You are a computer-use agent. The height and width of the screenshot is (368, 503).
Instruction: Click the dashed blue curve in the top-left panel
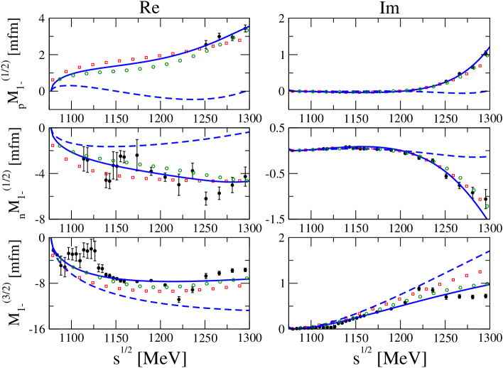point(142,94)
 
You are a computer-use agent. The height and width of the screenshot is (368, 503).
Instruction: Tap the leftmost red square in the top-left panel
point(53,80)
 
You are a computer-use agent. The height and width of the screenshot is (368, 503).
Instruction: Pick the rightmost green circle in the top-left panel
point(247,31)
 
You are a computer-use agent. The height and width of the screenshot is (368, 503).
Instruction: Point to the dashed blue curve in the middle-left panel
point(142,146)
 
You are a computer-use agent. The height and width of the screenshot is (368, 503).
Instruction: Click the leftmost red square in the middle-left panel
point(53,146)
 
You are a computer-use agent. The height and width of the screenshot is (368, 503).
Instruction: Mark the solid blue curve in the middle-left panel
point(142,171)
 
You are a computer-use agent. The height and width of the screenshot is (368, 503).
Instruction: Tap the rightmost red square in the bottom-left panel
point(239,286)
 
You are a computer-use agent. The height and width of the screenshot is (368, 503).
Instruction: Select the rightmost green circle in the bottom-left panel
point(247,278)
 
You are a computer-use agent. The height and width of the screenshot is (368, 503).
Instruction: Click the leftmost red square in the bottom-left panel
point(53,255)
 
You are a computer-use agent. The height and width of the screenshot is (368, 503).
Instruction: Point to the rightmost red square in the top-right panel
point(480,66)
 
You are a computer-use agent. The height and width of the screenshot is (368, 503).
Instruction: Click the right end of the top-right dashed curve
point(485,92)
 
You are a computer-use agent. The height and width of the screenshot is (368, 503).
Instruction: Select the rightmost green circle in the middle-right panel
point(487,206)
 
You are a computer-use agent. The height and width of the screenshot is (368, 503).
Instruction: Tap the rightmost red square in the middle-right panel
point(480,200)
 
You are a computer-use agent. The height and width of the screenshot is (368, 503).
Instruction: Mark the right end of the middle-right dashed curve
point(485,157)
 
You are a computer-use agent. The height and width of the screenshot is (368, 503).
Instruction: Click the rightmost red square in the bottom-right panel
point(480,271)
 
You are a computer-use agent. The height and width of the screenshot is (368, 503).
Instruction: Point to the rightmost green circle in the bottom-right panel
point(487,283)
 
